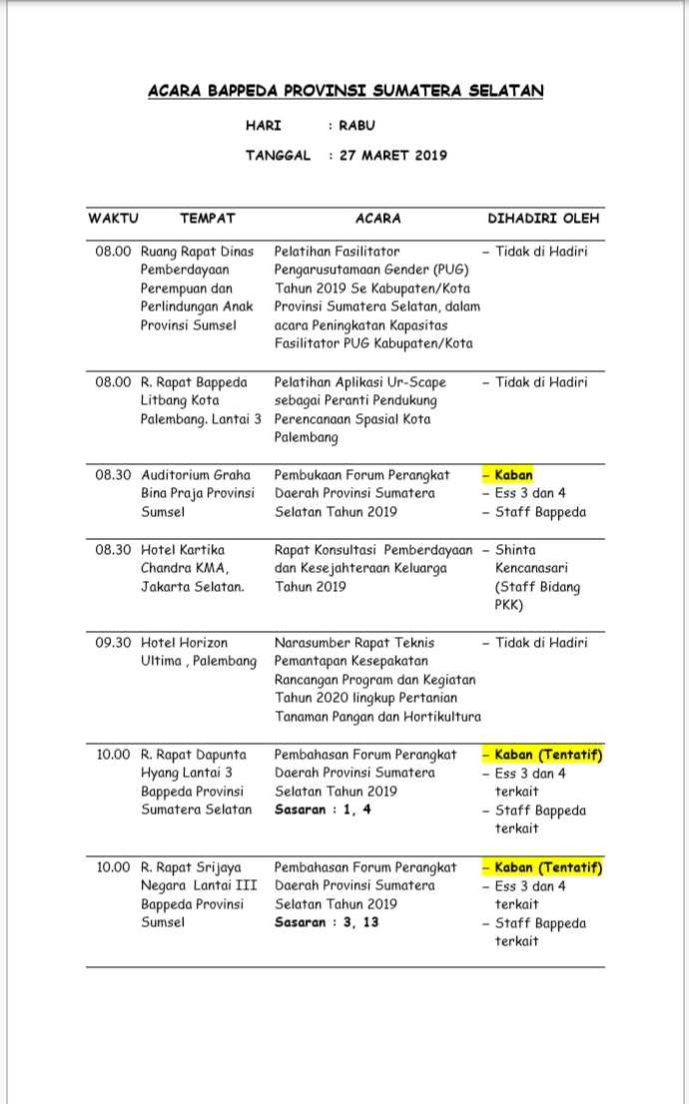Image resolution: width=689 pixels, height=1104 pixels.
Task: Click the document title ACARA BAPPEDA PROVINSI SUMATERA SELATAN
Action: pos(345,91)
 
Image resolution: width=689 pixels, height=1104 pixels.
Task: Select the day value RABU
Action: pos(356,126)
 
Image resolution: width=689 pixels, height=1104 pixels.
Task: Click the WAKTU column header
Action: pos(113,218)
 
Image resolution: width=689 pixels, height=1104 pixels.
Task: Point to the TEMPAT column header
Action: pos(207,218)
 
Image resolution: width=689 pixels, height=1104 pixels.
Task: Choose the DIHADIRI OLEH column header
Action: pos(543,218)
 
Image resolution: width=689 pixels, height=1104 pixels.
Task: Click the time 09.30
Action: pos(113,643)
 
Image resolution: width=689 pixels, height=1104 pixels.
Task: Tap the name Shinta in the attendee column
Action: pos(515,550)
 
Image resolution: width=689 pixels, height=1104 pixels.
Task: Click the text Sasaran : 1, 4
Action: pos(323,810)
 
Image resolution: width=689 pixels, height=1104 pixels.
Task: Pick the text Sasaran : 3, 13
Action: pos(327,922)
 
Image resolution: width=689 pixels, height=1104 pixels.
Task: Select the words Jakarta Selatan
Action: pos(192,587)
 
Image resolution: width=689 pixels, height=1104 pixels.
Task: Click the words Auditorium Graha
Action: pos(196,475)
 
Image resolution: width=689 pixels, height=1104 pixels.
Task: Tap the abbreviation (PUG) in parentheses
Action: pos(448,271)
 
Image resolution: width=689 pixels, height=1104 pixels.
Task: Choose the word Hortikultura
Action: pos(435,717)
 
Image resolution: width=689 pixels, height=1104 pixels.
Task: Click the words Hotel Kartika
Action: pos(183,550)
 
